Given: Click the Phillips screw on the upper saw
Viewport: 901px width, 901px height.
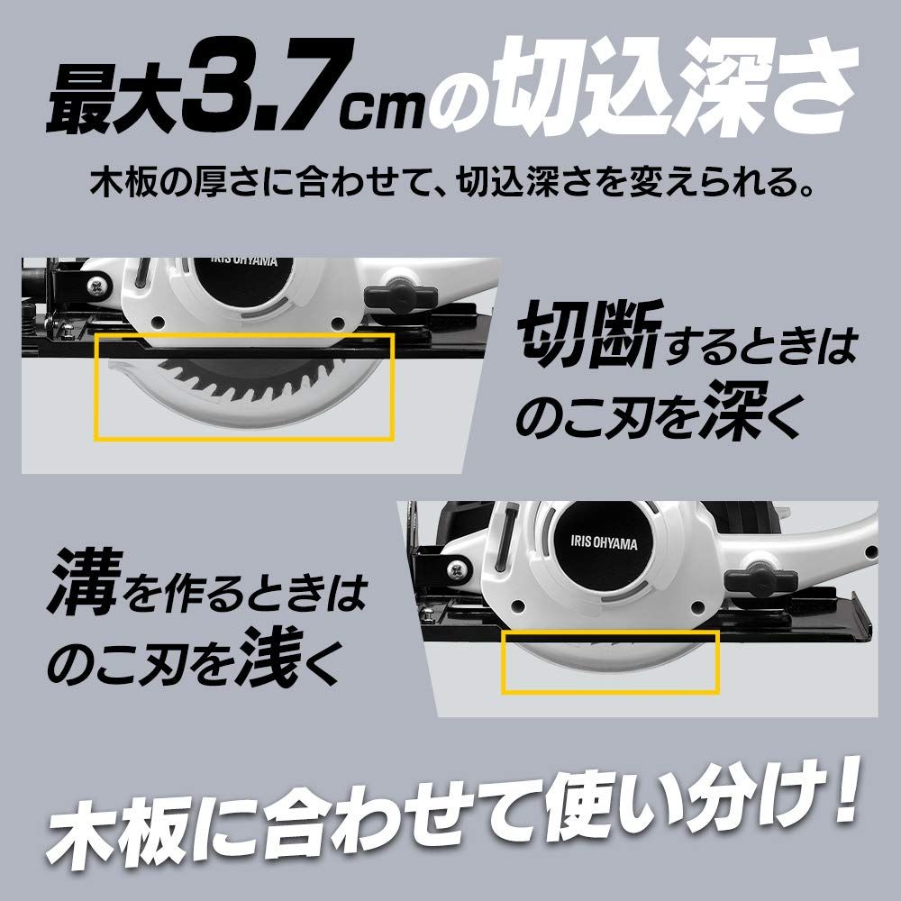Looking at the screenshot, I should [95, 288].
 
